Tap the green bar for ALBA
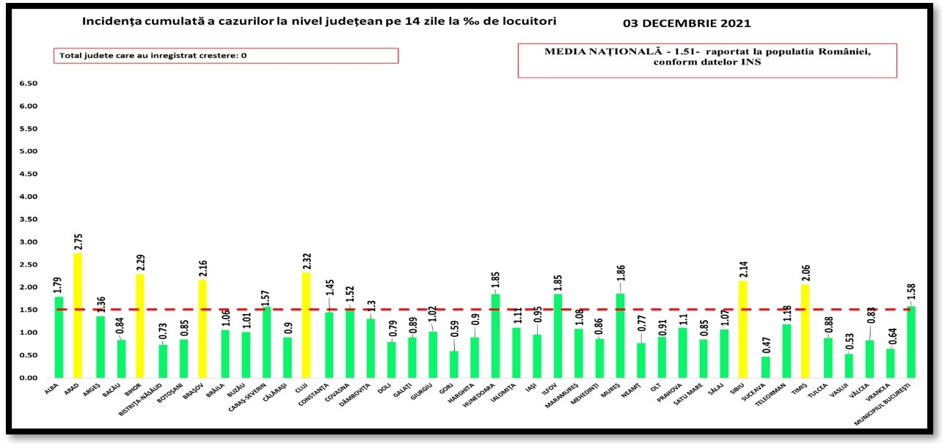pyautogui.click(x=59, y=338)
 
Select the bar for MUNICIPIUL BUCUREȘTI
pyautogui.click(x=912, y=342)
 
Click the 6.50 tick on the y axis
pyautogui.click(x=27, y=84)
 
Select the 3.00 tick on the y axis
pyautogui.click(x=27, y=242)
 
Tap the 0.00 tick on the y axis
pyautogui.click(x=27, y=378)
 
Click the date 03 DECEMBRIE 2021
pyautogui.click(x=687, y=23)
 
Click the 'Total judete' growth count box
pyautogui.click(x=225, y=56)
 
